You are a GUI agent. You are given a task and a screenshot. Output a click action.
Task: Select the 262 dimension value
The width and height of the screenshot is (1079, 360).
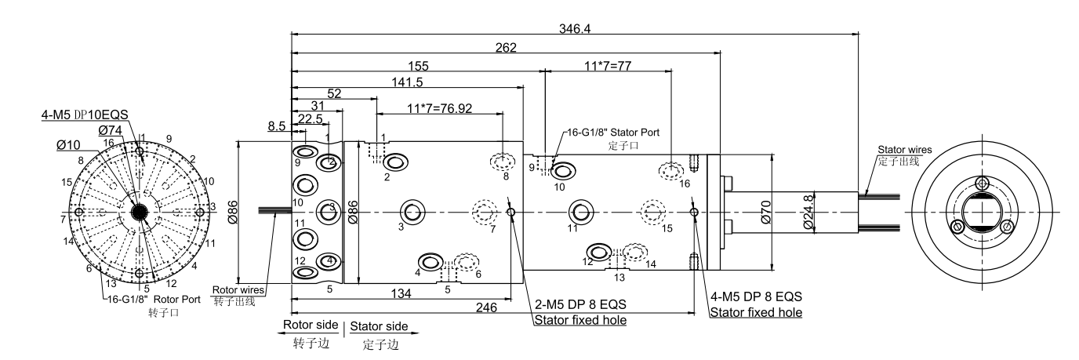click(x=506, y=48)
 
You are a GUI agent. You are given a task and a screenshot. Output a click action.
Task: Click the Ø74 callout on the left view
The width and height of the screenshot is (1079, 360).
click(x=111, y=129)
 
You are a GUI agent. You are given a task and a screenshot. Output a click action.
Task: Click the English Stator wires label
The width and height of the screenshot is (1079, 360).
click(x=899, y=149)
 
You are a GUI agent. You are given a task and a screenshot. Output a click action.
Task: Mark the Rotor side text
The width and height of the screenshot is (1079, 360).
click(x=311, y=325)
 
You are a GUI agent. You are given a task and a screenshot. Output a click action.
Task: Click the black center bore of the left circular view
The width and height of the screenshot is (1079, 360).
click(x=140, y=212)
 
